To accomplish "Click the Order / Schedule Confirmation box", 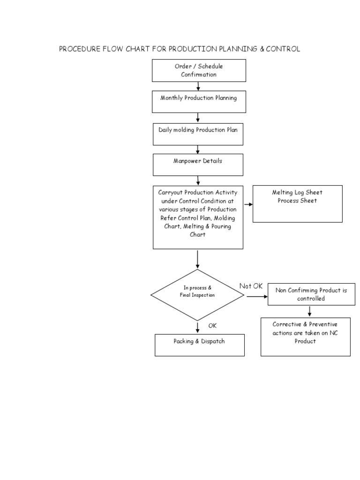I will click(199, 70).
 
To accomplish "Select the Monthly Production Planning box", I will click(199, 102).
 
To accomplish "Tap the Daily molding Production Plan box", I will click(199, 134).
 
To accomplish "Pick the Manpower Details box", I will click(198, 165).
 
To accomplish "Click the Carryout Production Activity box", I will click(198, 217).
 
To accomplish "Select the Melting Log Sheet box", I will click(297, 203).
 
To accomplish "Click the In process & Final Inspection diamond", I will click(197, 295).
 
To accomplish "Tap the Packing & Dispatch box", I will click(199, 345).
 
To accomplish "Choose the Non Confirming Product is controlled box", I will click(311, 294).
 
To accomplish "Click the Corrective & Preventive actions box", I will click(305, 337).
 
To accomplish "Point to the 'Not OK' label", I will click(251, 286).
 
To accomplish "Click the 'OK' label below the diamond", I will click(212, 325).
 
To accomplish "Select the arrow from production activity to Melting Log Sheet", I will click(248, 204).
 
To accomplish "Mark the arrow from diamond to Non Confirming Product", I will click(256, 296).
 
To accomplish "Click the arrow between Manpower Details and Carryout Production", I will click(198, 180).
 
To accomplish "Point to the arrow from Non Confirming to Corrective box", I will click(310, 311).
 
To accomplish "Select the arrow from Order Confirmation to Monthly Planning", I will click(198, 86).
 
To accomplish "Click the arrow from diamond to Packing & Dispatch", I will click(197, 327).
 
